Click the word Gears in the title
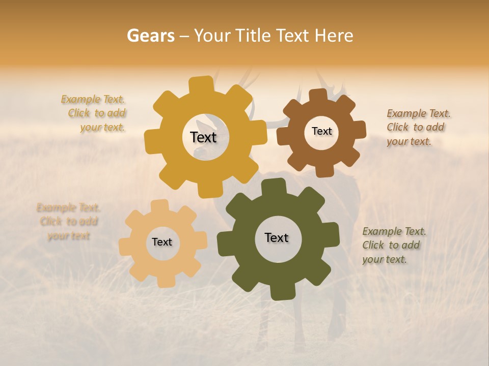click(150, 36)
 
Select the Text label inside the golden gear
click(203, 137)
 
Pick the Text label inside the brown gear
click(321, 131)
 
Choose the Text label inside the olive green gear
click(277, 237)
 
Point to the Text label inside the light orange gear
click(162, 242)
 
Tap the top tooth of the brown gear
click(318, 95)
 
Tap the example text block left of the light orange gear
click(68, 222)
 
